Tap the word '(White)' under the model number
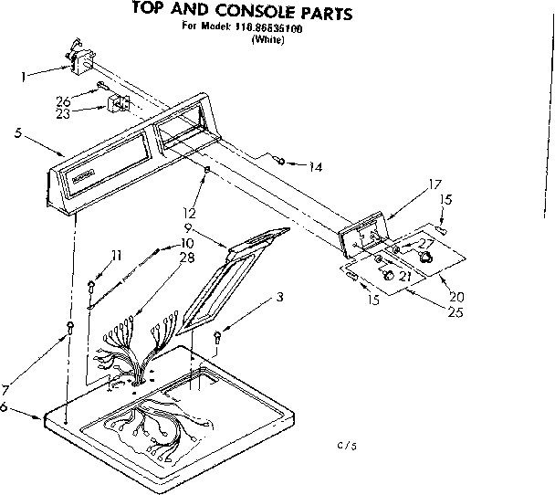267,39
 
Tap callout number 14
315,166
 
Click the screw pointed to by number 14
284,163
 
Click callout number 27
426,243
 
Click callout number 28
188,258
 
